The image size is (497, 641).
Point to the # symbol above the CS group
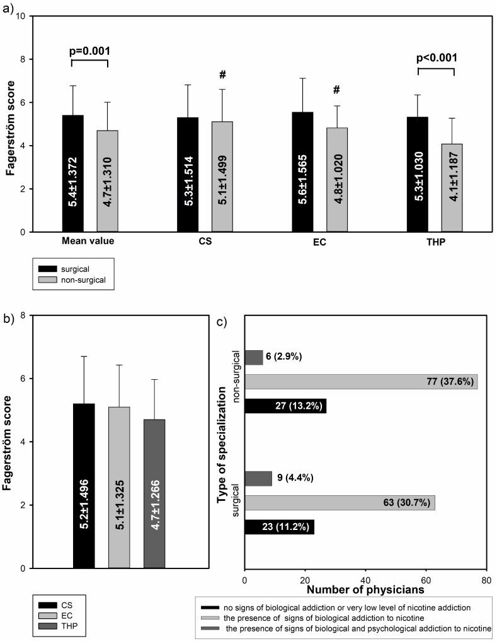point(222,74)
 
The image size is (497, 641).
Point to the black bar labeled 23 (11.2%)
point(279,527)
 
